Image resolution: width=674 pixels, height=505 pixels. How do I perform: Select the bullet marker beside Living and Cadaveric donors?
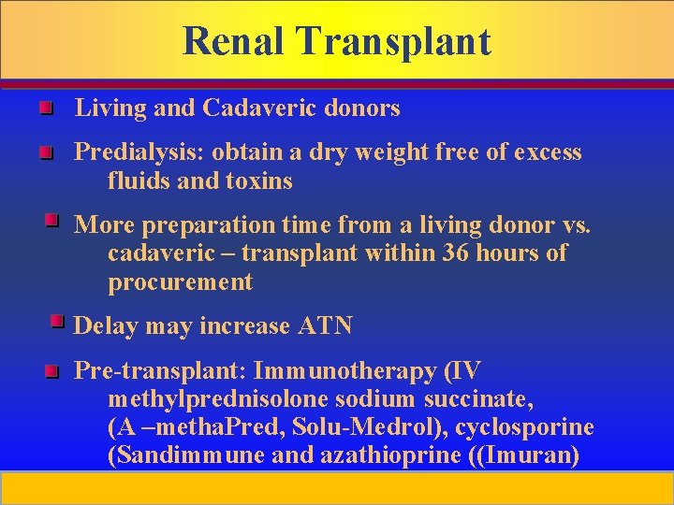[x=45, y=110]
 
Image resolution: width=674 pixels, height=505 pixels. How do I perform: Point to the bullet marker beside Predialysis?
[x=45, y=152]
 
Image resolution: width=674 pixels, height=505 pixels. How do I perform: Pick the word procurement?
[x=180, y=281]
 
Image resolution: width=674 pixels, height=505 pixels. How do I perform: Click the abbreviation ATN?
[x=325, y=325]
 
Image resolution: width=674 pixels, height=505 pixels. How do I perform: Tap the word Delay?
[x=104, y=325]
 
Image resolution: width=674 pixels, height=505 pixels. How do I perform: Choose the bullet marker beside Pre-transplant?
[x=51, y=372]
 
